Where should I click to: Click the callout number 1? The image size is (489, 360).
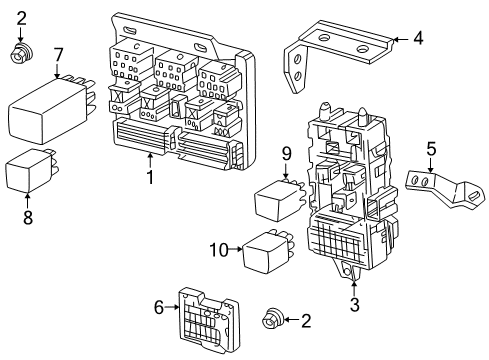pos(150,177)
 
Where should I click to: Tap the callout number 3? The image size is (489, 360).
pos(354,304)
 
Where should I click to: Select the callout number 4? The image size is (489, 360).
pos(418,38)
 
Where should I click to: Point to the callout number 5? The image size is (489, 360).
pos(431,149)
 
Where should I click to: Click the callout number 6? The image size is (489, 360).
pos(159,307)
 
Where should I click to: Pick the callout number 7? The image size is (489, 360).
pos(59,55)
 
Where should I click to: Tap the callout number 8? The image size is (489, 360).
pos(28,217)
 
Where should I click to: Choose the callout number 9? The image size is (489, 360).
pos(287,154)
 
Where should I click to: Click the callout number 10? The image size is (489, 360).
pos(219,250)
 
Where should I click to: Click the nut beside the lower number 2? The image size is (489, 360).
pos(273,319)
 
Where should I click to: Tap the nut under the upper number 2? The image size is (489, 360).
pos(21,54)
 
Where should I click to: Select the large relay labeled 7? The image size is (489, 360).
pos(51,110)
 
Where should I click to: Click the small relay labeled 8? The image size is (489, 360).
pos(32,170)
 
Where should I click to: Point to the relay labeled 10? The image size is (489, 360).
pos(268,250)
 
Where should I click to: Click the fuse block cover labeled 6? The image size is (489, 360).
pos(209,319)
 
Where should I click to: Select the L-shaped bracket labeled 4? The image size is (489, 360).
pos(337,53)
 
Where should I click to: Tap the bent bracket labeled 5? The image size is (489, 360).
pos(445,188)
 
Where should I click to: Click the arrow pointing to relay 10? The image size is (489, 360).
pos(236,249)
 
